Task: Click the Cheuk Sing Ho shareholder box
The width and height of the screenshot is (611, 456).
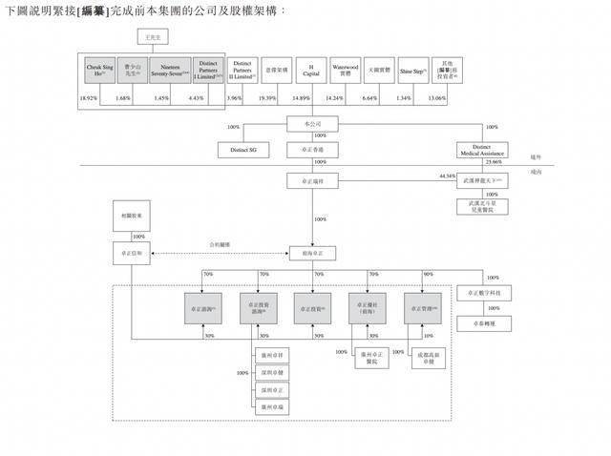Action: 100,70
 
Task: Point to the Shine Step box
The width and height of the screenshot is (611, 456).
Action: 411,70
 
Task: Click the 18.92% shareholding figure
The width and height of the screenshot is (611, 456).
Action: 89,98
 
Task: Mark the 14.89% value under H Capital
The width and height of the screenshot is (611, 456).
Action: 300,98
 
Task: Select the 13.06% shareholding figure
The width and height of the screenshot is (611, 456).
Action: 434,98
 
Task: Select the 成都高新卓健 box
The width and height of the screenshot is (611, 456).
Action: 421,359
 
